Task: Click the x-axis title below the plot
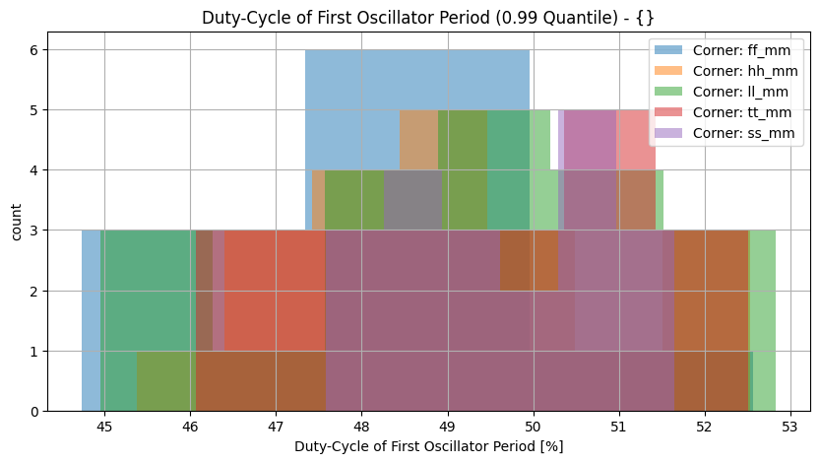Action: pyautogui.click(x=428, y=446)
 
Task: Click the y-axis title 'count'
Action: pyautogui.click(x=17, y=221)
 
